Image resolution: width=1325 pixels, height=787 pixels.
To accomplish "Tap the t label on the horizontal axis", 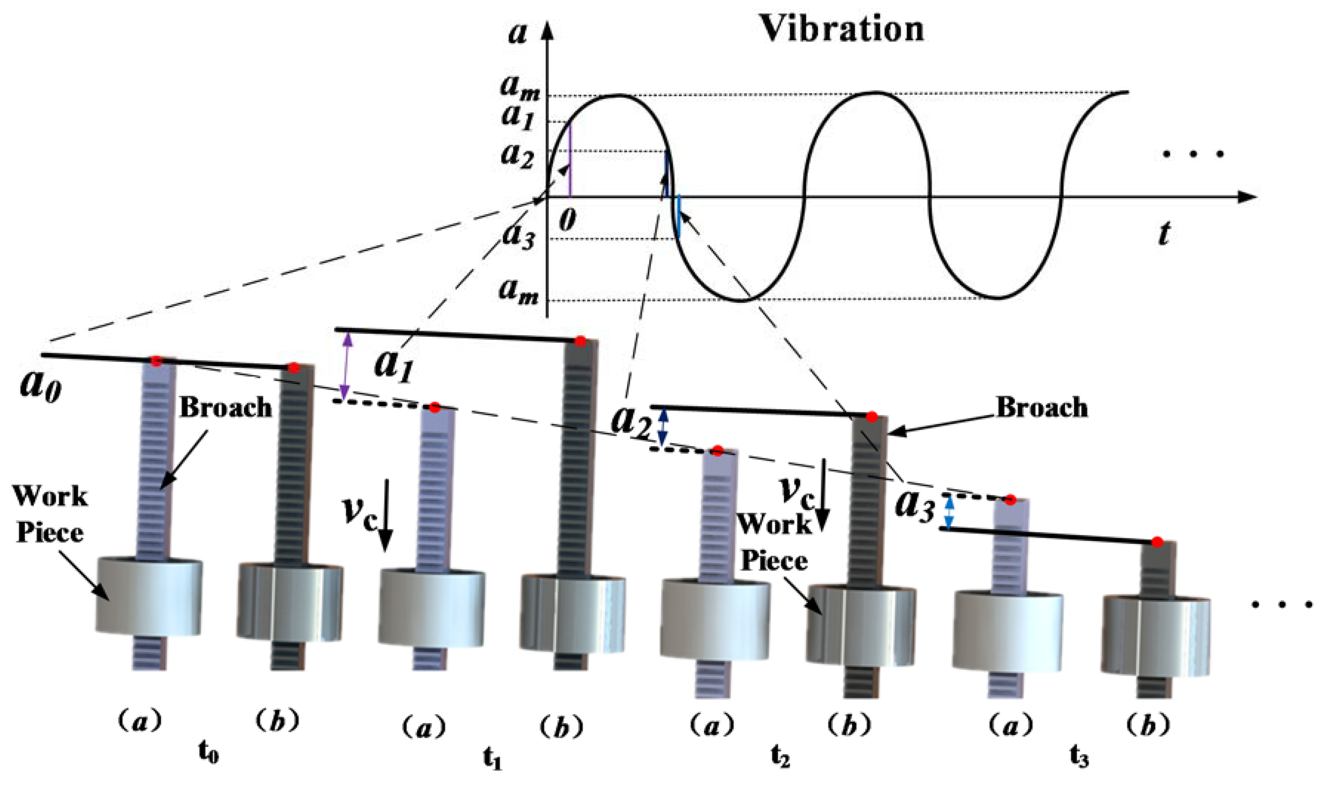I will click(1164, 233).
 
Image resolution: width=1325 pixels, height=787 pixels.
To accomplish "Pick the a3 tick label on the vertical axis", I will click(519, 235).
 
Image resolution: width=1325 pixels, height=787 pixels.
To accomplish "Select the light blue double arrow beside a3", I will click(950, 512).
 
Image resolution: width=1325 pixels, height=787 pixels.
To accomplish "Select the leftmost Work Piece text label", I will click(50, 514).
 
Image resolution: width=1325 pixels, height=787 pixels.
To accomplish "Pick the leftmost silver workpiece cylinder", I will click(149, 595).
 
